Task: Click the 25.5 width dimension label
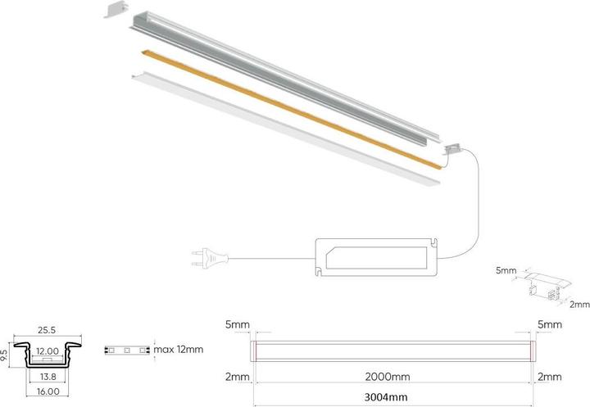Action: tap(47, 330)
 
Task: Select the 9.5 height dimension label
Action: tap(4, 355)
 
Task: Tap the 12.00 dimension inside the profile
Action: tap(48, 351)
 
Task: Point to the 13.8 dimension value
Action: tap(48, 376)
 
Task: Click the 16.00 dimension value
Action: tap(48, 391)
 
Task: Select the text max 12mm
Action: tap(179, 350)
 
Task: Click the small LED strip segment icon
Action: tap(127, 350)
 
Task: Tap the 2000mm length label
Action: tap(388, 377)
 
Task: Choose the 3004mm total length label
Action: tap(386, 397)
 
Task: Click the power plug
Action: tap(210, 257)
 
